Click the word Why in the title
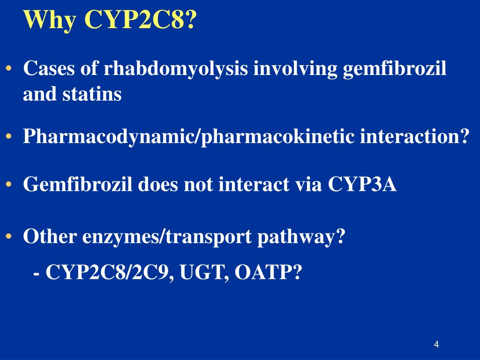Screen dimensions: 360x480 (x=50, y=19)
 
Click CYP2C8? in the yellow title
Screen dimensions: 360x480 (x=140, y=19)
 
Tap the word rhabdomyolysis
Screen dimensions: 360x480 (x=176, y=70)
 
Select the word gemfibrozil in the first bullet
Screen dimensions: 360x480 (x=395, y=69)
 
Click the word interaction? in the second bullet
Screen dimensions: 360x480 (x=414, y=137)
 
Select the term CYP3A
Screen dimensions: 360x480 (x=362, y=185)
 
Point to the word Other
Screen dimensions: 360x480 (x=50, y=237)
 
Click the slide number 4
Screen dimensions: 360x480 (x=436, y=345)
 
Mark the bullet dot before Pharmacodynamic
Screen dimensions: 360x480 (x=9, y=137)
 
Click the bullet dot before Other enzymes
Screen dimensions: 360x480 (x=9, y=237)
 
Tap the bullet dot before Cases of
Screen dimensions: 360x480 (x=9, y=69)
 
